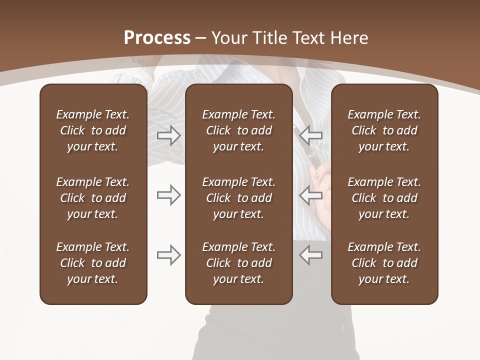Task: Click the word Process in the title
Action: click(157, 38)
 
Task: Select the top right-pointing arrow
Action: click(169, 135)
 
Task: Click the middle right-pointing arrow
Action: click(169, 195)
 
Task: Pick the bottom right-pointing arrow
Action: click(169, 255)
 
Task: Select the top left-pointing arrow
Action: click(311, 135)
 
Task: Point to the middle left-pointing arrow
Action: click(311, 195)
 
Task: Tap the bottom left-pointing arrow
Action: click(311, 255)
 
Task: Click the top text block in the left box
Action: click(93, 130)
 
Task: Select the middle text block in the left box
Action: click(93, 198)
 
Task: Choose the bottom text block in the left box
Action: click(93, 263)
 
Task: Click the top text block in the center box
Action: click(239, 130)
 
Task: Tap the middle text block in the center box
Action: click(239, 198)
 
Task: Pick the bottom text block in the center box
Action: click(239, 263)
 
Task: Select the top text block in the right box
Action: click(384, 130)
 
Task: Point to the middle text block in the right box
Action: click(384, 198)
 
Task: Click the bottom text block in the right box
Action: click(384, 263)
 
